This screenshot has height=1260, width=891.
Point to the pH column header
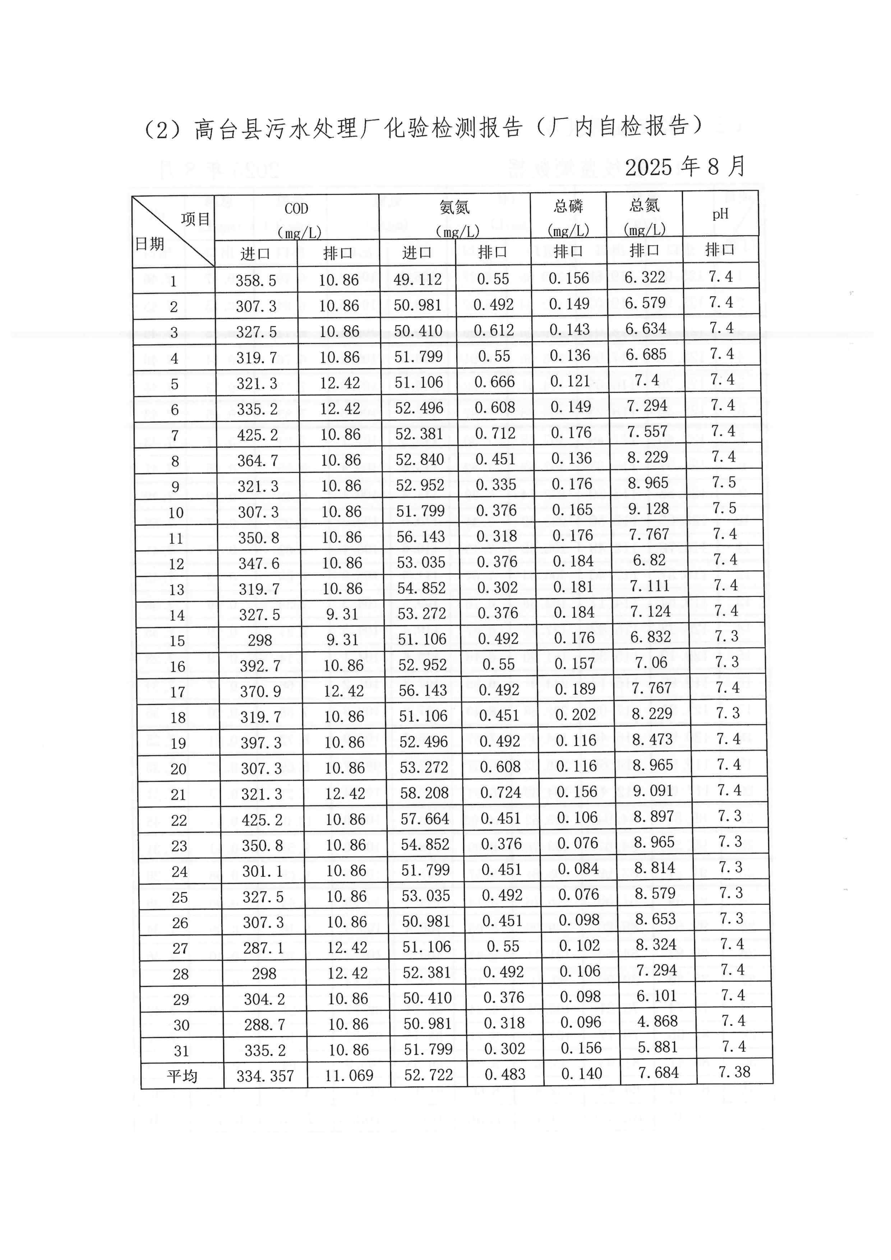coord(720,214)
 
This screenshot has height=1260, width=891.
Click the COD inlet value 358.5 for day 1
coord(256,281)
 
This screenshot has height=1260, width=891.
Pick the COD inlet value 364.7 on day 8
coord(258,461)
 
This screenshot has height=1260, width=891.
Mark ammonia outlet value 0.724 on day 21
coord(501,793)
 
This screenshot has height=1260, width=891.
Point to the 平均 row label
coord(181,1076)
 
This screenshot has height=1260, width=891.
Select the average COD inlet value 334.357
coord(265,1076)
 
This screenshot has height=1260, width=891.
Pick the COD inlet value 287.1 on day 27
coord(263,948)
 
